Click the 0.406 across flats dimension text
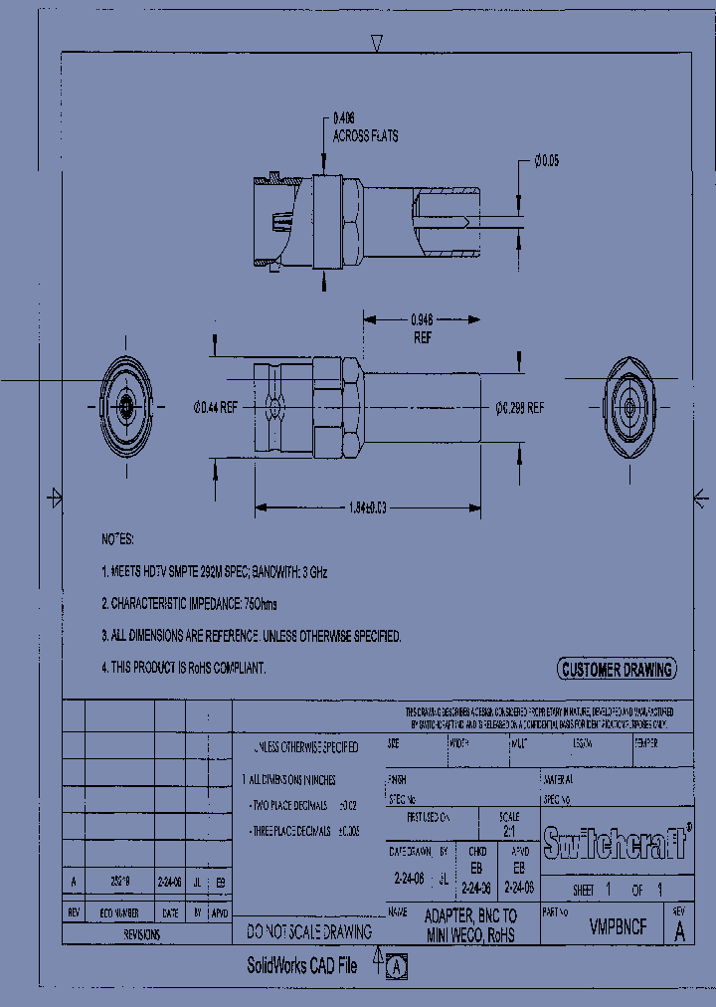(x=365, y=127)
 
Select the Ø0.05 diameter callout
(x=547, y=159)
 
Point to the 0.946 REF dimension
(x=422, y=327)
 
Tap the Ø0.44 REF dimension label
(x=215, y=407)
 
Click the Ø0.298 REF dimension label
(x=520, y=407)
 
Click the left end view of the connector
(x=126, y=406)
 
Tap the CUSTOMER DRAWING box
(x=616, y=670)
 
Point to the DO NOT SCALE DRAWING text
(x=309, y=932)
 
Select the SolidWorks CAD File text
(x=301, y=965)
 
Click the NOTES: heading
(x=117, y=538)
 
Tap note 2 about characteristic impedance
(x=203, y=603)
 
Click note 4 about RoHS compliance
(x=184, y=668)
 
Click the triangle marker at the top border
(x=377, y=42)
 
